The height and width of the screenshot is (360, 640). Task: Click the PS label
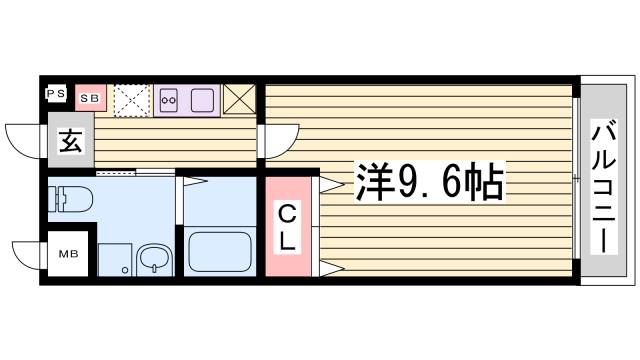[x=56, y=95]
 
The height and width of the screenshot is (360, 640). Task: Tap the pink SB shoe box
[x=90, y=97]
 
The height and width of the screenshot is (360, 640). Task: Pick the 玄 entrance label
[x=69, y=141]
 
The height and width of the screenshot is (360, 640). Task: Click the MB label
[x=69, y=254]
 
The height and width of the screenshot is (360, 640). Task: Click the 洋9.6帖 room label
[x=424, y=182]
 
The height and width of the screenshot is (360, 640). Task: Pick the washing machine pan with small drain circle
[x=116, y=258]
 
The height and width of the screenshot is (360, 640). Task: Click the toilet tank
[x=54, y=196]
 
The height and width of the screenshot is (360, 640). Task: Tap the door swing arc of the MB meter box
[x=27, y=253]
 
